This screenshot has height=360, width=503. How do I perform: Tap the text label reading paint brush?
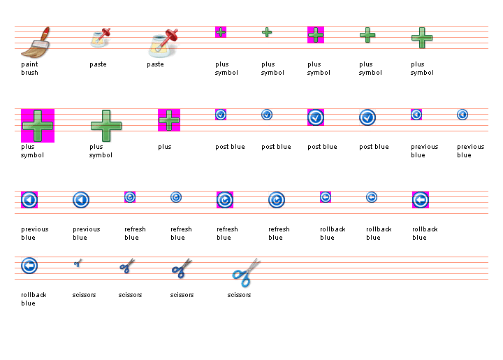pos(29,68)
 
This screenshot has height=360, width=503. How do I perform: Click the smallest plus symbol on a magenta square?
pos(221,32)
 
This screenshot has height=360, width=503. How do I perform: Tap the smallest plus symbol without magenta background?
pos(267,32)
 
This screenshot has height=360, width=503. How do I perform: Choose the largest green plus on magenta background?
pos(38,126)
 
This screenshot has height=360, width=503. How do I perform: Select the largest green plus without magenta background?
pos(106,126)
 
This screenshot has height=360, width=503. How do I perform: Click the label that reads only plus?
pos(165,147)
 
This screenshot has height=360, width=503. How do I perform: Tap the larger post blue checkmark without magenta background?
pos(367,117)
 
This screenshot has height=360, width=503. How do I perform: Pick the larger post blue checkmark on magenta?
pos(316,117)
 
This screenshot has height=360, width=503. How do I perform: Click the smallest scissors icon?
pos(78,264)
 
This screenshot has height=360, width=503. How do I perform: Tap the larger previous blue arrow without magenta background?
pos(81,200)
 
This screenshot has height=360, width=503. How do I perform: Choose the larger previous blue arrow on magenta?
pos(29,200)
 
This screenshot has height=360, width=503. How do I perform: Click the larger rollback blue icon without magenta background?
pos(29,266)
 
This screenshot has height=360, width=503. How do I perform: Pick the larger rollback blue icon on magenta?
pos(421,200)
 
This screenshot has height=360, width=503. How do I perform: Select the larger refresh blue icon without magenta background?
pos(277,200)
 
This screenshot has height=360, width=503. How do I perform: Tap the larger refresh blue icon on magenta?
pos(225,200)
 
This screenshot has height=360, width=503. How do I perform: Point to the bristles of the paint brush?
pos(30,49)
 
